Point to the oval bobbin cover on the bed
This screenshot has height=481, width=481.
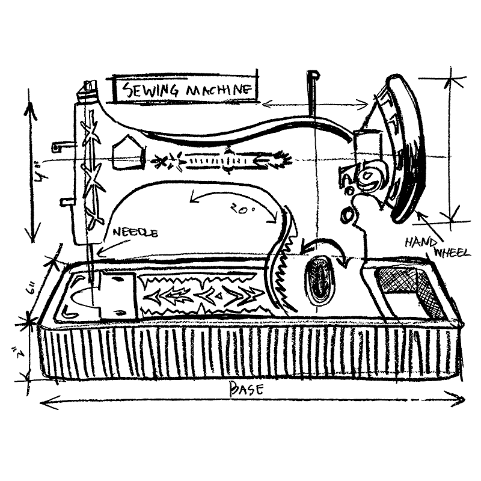click(319, 281)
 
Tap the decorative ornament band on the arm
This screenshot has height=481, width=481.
click(219, 161)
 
